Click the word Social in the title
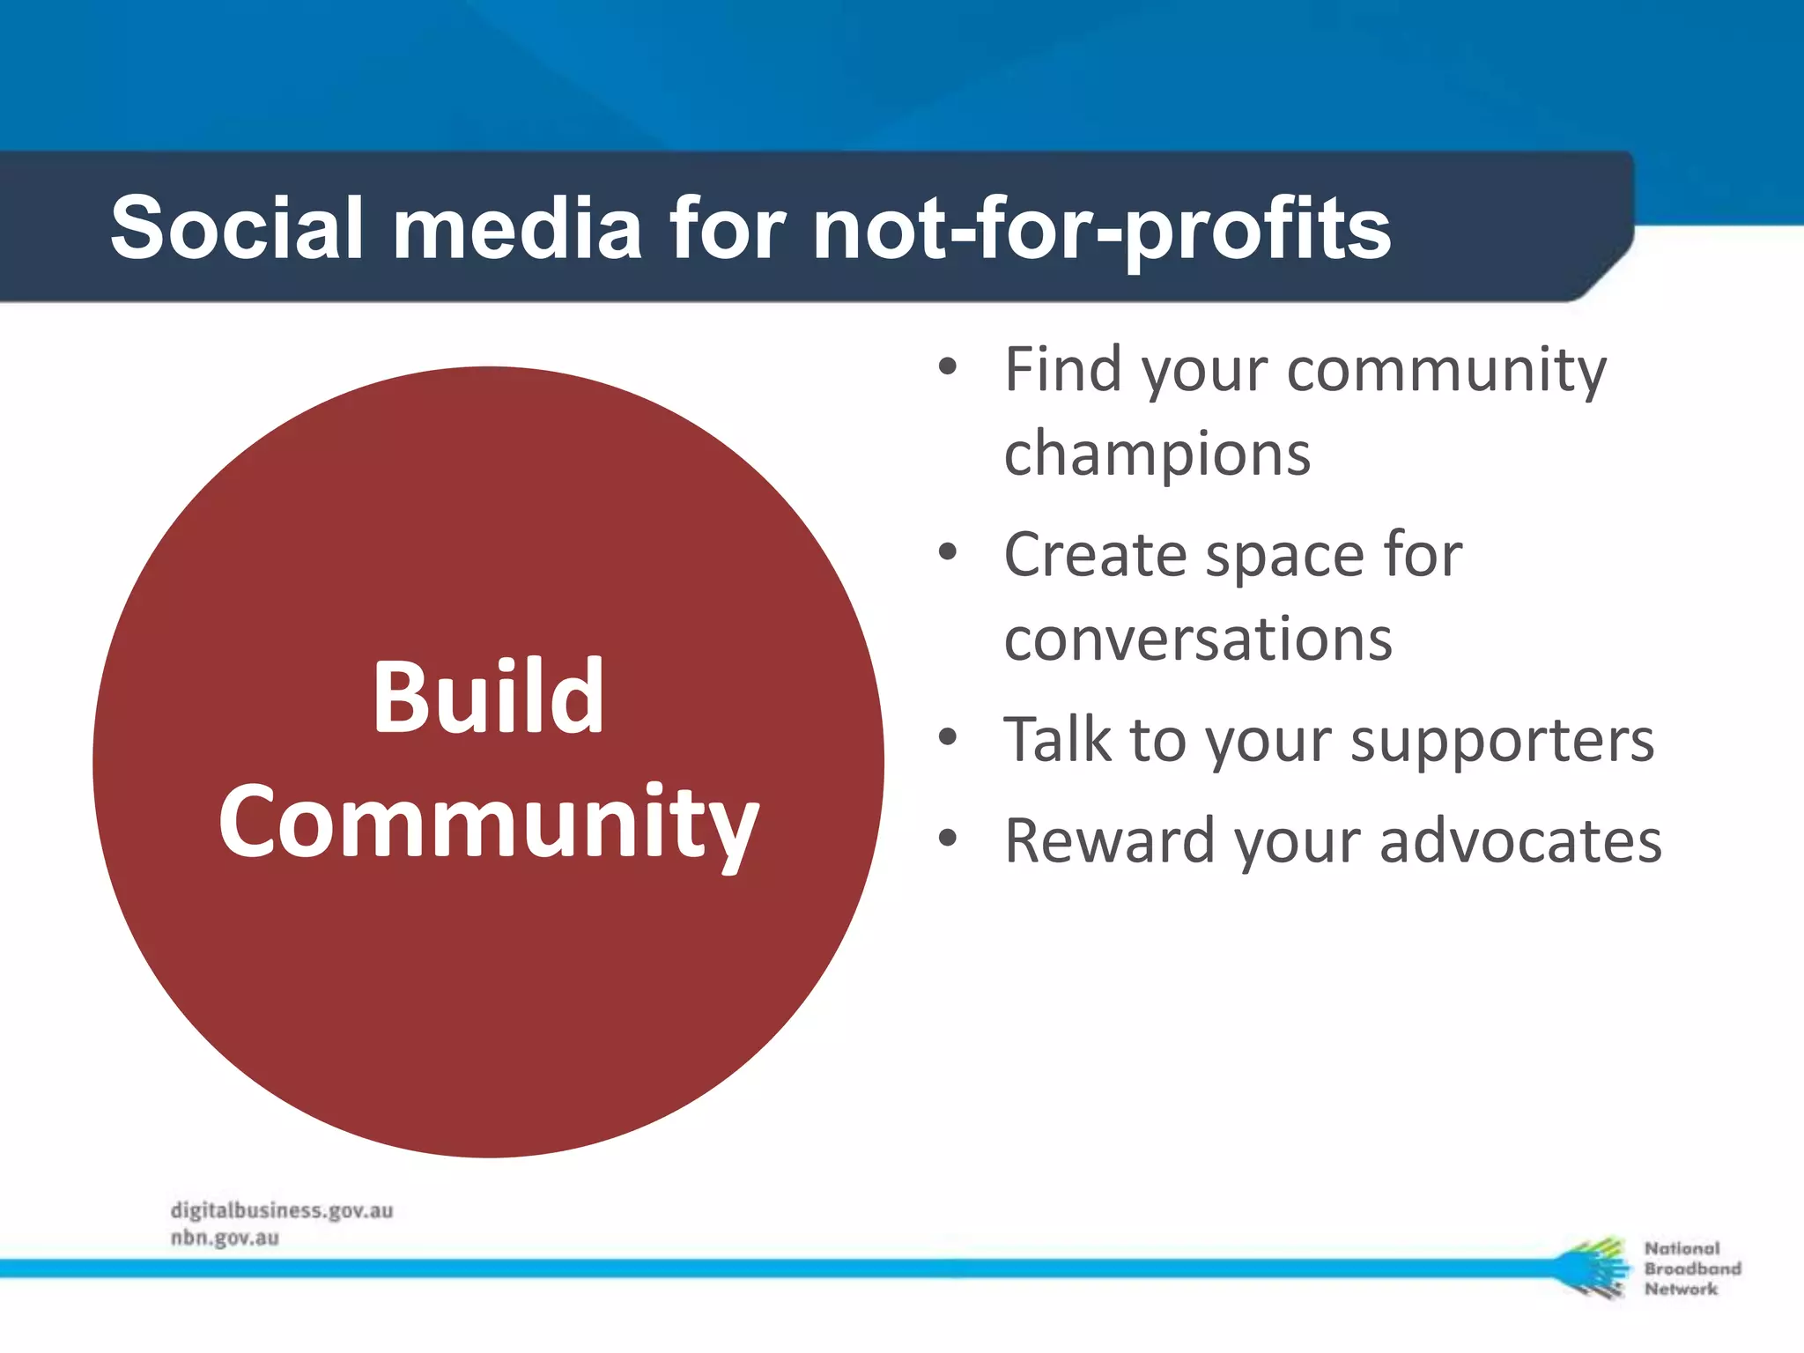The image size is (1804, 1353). (236, 228)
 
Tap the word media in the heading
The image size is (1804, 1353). (517, 228)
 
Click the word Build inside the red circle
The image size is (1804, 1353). (488, 697)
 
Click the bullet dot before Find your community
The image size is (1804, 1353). (947, 367)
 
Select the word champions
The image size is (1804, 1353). (1157, 455)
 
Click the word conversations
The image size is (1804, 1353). (1198, 639)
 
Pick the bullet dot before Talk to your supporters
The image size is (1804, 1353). (947, 737)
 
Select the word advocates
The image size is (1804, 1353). (1520, 840)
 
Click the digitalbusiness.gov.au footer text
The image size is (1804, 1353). (282, 1211)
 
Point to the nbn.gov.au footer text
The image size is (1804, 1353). (225, 1238)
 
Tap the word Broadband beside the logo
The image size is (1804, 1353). (1692, 1268)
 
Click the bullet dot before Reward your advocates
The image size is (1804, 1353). (947, 839)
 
